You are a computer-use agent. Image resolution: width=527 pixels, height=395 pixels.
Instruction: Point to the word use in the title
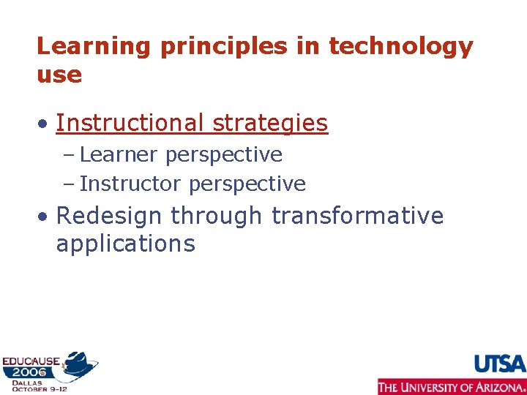[59, 75]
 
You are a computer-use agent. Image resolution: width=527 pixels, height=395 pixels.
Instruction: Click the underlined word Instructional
[130, 123]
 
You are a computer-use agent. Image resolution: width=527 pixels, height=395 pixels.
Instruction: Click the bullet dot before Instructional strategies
[45, 124]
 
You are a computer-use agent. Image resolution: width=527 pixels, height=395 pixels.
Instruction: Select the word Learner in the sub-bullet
[119, 154]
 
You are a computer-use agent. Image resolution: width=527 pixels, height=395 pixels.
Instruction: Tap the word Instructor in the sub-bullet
[130, 184]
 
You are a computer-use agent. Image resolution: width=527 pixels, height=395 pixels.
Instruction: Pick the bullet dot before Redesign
[45, 217]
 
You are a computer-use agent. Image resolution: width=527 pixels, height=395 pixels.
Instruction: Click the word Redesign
[111, 217]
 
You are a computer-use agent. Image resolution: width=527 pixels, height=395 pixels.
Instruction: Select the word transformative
[357, 217]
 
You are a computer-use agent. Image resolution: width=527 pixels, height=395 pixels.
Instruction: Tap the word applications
[125, 244]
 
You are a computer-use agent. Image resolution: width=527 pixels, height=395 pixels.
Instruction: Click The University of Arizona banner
[452, 386]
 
